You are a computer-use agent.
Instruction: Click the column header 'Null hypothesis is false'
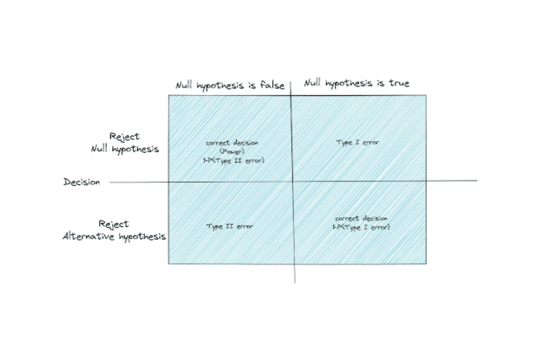point(230,85)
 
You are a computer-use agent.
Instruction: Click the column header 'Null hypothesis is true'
point(357,83)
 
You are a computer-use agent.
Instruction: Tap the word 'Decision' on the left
point(81,182)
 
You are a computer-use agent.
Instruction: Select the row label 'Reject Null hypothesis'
point(125,143)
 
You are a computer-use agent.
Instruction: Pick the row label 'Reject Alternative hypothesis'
point(114,230)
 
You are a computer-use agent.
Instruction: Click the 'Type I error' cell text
point(358,143)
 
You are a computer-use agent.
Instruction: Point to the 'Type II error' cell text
point(229,226)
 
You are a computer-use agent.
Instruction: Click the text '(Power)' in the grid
point(232,152)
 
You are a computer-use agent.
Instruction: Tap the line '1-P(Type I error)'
point(361,227)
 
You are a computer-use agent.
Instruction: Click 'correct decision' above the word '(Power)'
point(232,143)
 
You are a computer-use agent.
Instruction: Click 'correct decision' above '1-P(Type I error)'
point(361,218)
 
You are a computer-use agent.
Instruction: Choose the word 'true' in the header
point(399,83)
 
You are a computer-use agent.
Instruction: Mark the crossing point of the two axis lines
point(293,181)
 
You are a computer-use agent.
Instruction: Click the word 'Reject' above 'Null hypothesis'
point(125,136)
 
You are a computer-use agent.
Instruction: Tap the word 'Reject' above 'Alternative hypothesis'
point(114,224)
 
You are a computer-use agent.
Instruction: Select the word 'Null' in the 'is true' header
point(313,83)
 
